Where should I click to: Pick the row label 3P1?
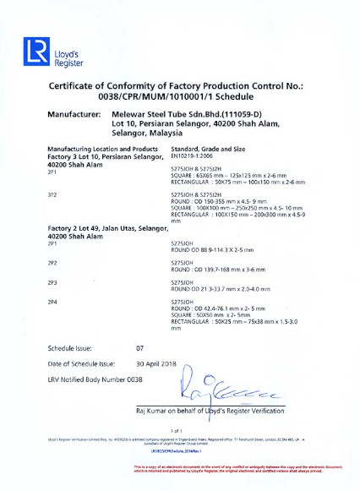pos(52,172)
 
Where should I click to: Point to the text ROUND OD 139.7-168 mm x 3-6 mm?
pos(220,270)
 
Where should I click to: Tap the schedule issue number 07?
pos(140,348)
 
